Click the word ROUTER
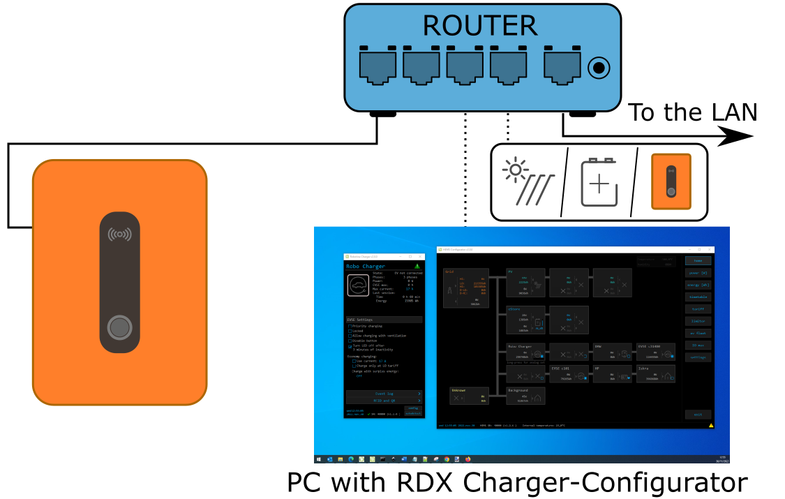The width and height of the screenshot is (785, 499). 480,26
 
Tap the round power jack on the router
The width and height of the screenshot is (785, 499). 599,68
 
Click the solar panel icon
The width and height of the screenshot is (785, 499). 528,182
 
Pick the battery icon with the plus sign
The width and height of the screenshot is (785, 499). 599,183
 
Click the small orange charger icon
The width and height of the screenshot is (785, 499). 671,181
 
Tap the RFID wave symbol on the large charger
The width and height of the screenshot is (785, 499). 120,234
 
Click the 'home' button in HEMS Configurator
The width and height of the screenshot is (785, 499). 698,260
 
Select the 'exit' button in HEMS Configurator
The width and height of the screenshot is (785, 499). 698,415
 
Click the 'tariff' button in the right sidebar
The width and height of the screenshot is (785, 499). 698,308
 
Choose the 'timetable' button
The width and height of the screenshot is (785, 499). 698,297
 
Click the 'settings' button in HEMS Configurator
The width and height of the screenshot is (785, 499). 698,357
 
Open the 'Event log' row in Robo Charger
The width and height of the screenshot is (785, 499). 384,394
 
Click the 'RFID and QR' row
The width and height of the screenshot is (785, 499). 384,401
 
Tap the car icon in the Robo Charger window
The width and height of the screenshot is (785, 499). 358,285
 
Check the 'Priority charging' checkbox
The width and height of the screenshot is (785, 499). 350,326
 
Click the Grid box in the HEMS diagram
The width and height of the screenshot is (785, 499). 465,288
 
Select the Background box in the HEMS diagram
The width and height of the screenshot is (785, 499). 525,396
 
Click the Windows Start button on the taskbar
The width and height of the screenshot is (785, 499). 319,459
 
